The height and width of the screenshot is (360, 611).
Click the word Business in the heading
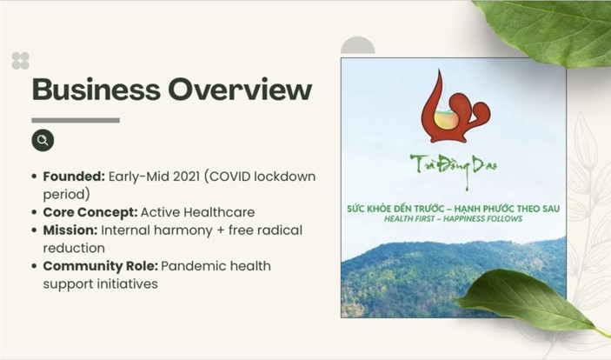click(96, 90)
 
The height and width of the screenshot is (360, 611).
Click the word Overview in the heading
click(240, 90)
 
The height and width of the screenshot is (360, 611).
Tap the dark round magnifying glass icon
click(43, 140)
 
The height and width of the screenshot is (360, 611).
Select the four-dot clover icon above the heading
click(20, 61)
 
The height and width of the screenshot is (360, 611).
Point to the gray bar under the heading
click(76, 120)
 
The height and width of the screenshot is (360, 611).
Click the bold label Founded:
click(74, 177)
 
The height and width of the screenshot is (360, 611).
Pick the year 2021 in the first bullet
click(186, 177)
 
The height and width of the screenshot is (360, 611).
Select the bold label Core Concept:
click(90, 212)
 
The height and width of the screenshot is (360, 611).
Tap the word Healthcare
click(219, 212)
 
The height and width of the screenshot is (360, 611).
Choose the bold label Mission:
click(70, 230)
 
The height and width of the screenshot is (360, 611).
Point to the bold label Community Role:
click(101, 266)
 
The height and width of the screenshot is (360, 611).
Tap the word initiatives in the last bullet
click(128, 284)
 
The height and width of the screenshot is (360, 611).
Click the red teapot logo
click(455, 107)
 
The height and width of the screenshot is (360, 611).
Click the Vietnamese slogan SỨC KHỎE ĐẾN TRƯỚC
click(395, 209)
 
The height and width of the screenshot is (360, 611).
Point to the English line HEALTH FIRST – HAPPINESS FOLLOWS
click(453, 219)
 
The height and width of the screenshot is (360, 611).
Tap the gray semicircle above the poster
click(358, 47)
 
